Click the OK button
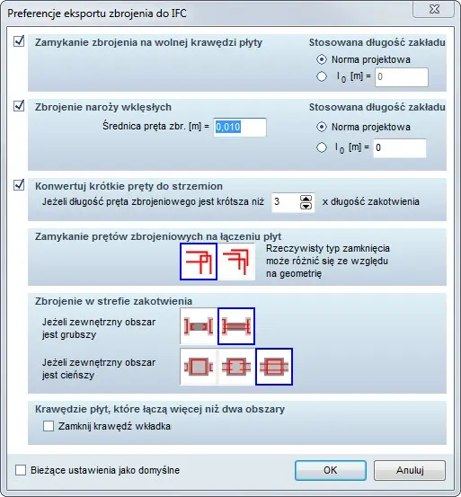(331, 470)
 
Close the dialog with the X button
(434, 9)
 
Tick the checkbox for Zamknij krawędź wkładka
(49, 426)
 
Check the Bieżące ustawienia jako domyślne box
(21, 470)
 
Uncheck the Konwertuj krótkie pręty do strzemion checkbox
(19, 185)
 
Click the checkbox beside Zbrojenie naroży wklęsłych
(19, 106)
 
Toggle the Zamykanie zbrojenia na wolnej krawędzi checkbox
(19, 41)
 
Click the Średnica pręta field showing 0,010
(240, 127)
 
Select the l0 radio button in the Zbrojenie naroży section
(322, 147)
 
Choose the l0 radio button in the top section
(322, 76)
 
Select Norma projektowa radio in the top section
(322, 59)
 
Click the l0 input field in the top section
(402, 76)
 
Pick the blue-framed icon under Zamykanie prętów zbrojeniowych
(199, 262)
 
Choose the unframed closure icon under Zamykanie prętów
(236, 262)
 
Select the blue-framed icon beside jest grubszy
(236, 326)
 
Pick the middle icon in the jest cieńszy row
(236, 367)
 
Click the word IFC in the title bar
(179, 13)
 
